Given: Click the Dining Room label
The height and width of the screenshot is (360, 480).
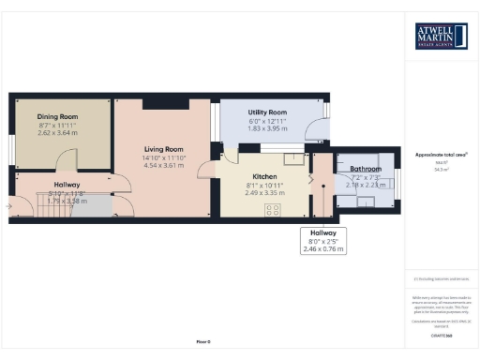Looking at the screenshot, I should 57,115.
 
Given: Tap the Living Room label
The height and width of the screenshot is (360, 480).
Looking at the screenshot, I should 162,148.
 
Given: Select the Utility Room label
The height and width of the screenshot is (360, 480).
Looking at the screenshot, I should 267,112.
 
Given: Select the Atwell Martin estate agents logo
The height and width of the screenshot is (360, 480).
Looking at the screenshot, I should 442,37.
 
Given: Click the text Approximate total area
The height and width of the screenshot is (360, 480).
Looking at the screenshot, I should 441,154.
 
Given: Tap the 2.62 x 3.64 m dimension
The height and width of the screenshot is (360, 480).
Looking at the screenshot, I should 57,132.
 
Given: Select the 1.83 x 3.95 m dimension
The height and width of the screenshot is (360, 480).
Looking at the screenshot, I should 267,129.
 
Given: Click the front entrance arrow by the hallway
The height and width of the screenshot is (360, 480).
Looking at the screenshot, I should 9,204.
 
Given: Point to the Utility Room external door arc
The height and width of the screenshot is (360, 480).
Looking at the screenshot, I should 322,135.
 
